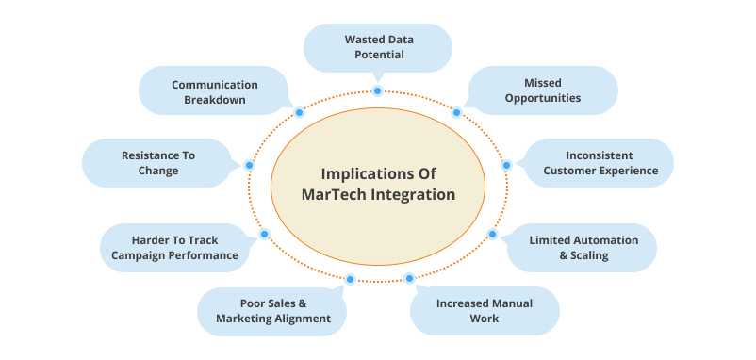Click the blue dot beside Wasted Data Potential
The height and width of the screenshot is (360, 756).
point(377,90)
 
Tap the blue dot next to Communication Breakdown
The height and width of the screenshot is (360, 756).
point(299,112)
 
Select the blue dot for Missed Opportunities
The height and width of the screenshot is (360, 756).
point(456,112)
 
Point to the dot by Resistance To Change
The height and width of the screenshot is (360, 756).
point(249,165)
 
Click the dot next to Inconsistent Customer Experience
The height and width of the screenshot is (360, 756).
point(506,165)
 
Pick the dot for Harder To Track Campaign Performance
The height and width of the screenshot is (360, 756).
point(264,235)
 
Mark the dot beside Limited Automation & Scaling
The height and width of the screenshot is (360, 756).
point(492,235)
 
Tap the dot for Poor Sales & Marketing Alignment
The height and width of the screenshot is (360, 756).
point(350,279)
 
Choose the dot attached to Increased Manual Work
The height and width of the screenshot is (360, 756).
point(409,278)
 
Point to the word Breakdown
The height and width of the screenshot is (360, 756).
point(215,100)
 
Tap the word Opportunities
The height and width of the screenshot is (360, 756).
point(543,98)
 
